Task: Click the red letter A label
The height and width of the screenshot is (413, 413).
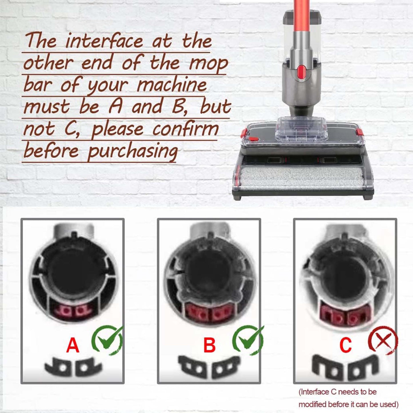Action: [x=73, y=345]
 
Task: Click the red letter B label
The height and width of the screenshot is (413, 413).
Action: [x=210, y=345]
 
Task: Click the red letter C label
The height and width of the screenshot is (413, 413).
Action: [x=346, y=345]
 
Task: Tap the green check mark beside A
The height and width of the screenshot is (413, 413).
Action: [x=107, y=340]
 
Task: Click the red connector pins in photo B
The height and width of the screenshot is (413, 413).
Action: [x=208, y=313]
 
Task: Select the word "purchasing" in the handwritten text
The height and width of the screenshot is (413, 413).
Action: [x=132, y=151]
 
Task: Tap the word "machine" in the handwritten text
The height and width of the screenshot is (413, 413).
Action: [x=171, y=85]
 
